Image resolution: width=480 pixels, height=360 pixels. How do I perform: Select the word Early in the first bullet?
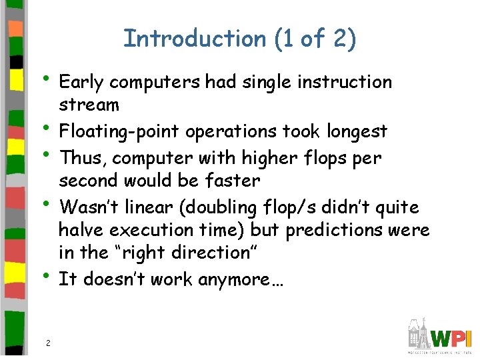point(81,83)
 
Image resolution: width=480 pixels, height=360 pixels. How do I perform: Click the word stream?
point(89,105)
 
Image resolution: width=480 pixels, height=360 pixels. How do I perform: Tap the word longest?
point(356,131)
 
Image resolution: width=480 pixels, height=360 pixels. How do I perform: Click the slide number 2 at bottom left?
point(48,343)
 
